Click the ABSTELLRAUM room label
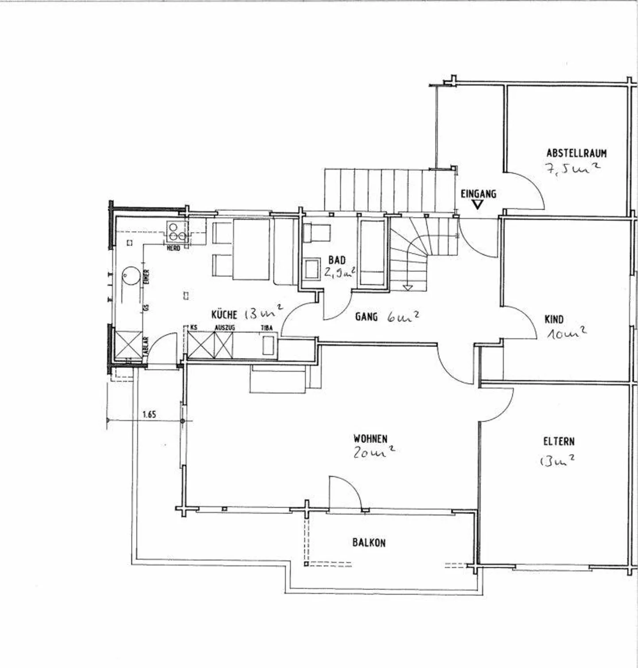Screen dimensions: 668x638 (576, 153)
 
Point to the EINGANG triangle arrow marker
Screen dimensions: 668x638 (477, 205)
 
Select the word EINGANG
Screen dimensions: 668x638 (478, 194)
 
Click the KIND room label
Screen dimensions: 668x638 (554, 319)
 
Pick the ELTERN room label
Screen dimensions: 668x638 (559, 442)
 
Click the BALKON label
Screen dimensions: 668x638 (369, 543)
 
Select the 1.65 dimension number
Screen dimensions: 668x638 (149, 415)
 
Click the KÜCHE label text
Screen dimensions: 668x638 (224, 315)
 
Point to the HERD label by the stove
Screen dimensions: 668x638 (173, 249)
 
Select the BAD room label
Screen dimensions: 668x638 (337, 260)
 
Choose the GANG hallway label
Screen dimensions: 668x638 (366, 317)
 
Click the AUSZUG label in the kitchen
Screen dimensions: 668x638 (225, 328)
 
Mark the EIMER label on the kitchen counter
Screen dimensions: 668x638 (147, 277)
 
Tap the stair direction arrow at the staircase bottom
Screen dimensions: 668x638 (408, 288)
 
